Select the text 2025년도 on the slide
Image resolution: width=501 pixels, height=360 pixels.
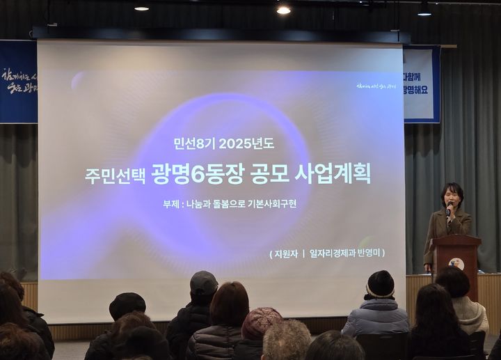pyautogui.click(x=246, y=144)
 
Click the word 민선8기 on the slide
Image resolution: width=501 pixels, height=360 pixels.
pyautogui.click(x=193, y=144)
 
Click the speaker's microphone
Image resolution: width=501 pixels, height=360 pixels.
pyautogui.click(x=449, y=206)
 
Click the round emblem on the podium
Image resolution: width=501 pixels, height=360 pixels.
pyautogui.click(x=456, y=264)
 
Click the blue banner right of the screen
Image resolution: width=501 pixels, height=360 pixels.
pyautogui.click(x=422, y=84)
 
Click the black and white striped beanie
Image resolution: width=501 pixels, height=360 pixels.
pyautogui.click(x=380, y=285)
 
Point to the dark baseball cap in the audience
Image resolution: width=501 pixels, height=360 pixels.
pyautogui.click(x=203, y=282)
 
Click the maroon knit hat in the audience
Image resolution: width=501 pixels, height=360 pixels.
pyautogui.click(x=261, y=322)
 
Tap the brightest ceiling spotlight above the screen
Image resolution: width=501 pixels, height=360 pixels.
pyautogui.click(x=283, y=10)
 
